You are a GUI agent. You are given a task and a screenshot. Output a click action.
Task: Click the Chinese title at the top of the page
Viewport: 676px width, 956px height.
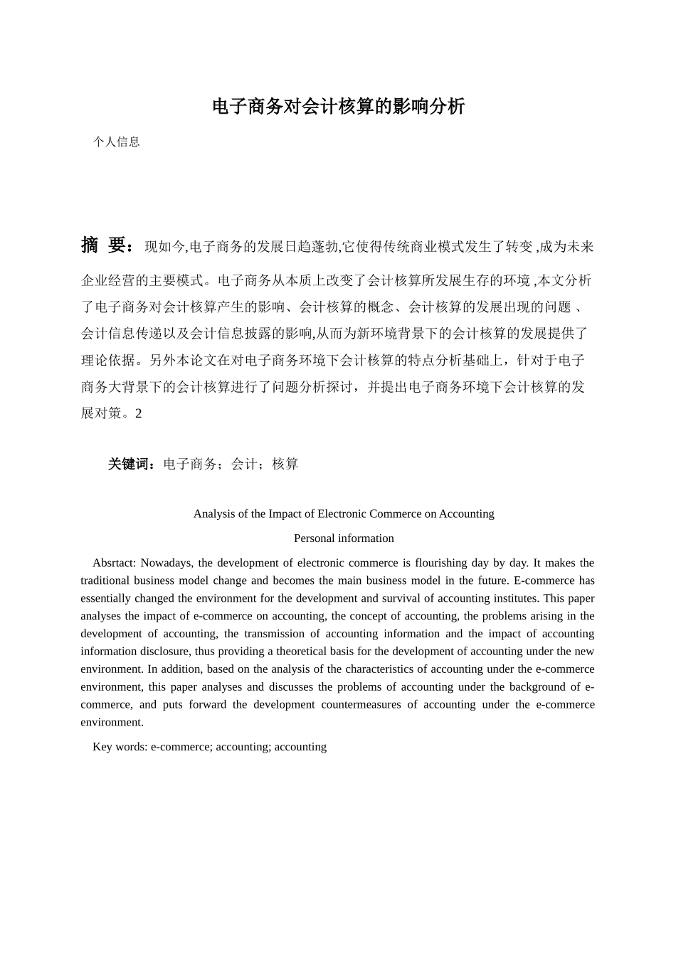338,107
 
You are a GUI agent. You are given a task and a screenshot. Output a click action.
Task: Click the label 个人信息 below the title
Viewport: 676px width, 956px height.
117,142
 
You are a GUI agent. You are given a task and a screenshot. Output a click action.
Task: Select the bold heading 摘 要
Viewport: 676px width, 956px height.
106,245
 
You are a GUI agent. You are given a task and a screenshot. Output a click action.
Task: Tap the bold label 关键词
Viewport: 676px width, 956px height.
131,464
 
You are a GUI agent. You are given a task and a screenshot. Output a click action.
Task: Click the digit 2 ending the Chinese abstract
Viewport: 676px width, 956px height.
139,413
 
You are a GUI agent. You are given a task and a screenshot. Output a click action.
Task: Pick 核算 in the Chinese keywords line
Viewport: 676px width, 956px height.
285,464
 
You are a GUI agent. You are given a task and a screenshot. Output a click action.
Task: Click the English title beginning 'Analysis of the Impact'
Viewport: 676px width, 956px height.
344,514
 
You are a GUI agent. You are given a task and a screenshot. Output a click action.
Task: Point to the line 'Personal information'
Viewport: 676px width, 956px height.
344,538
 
